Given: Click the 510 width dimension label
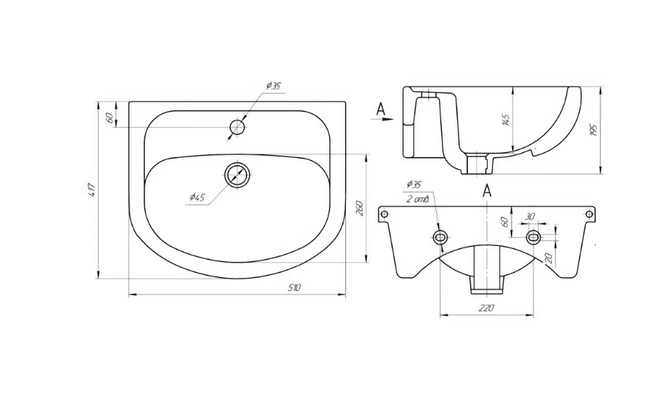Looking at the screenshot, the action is [295, 288].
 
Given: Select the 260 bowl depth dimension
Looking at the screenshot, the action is [360, 208].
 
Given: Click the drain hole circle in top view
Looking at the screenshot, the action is [237, 175].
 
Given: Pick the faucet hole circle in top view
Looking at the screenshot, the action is [237, 126].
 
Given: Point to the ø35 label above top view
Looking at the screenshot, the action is [273, 86].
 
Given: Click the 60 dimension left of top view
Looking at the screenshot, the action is [110, 118].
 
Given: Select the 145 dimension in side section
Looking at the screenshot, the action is [506, 120].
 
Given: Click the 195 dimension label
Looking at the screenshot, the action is [594, 130].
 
